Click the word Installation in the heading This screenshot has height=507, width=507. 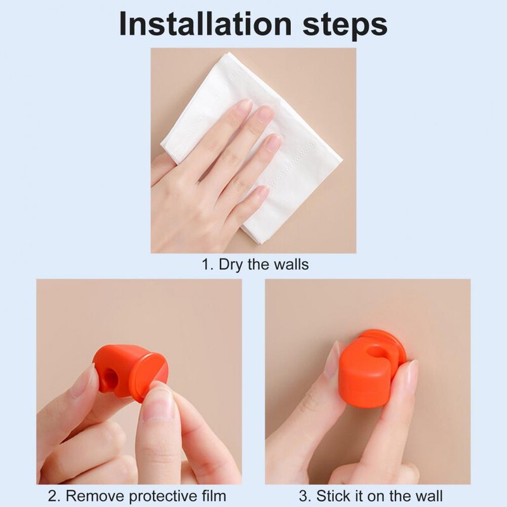[205, 24]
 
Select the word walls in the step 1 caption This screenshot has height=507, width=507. [292, 264]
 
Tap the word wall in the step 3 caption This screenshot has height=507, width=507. [430, 496]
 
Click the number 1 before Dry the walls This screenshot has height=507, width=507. [205, 264]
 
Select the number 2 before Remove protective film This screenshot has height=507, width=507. [53, 496]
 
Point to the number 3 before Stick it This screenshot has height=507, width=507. [303, 496]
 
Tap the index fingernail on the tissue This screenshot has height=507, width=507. [244, 106]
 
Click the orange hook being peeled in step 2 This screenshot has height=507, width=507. [131, 372]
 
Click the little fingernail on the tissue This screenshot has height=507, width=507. [261, 193]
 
